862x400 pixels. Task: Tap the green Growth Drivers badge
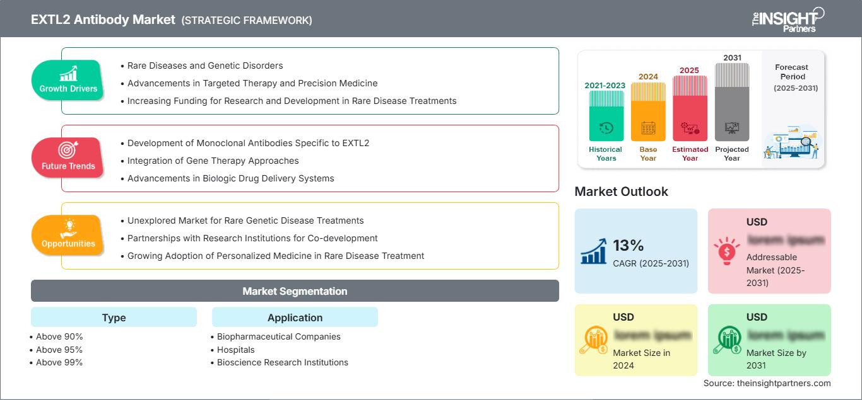coord(68,81)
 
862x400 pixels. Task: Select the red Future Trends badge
coord(68,158)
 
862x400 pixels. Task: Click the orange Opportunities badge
coord(68,236)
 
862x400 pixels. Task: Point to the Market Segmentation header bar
coord(295,291)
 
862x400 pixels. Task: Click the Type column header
coord(114,317)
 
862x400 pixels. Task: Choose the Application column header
coord(295,317)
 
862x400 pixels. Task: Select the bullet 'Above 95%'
coord(59,350)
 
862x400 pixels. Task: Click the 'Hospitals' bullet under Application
coord(236,350)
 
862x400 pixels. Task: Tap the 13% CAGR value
coord(628,245)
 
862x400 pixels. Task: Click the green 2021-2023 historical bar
coord(606,117)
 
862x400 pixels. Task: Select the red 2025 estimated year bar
coord(690,108)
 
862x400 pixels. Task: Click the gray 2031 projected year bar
coord(732,102)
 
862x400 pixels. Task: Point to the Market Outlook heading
coord(621,191)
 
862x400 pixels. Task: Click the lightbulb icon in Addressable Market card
coord(726,250)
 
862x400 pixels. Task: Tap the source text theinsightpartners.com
coord(767,383)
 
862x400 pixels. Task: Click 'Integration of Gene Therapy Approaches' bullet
coord(213,161)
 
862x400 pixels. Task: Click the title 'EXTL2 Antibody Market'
coord(103,20)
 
